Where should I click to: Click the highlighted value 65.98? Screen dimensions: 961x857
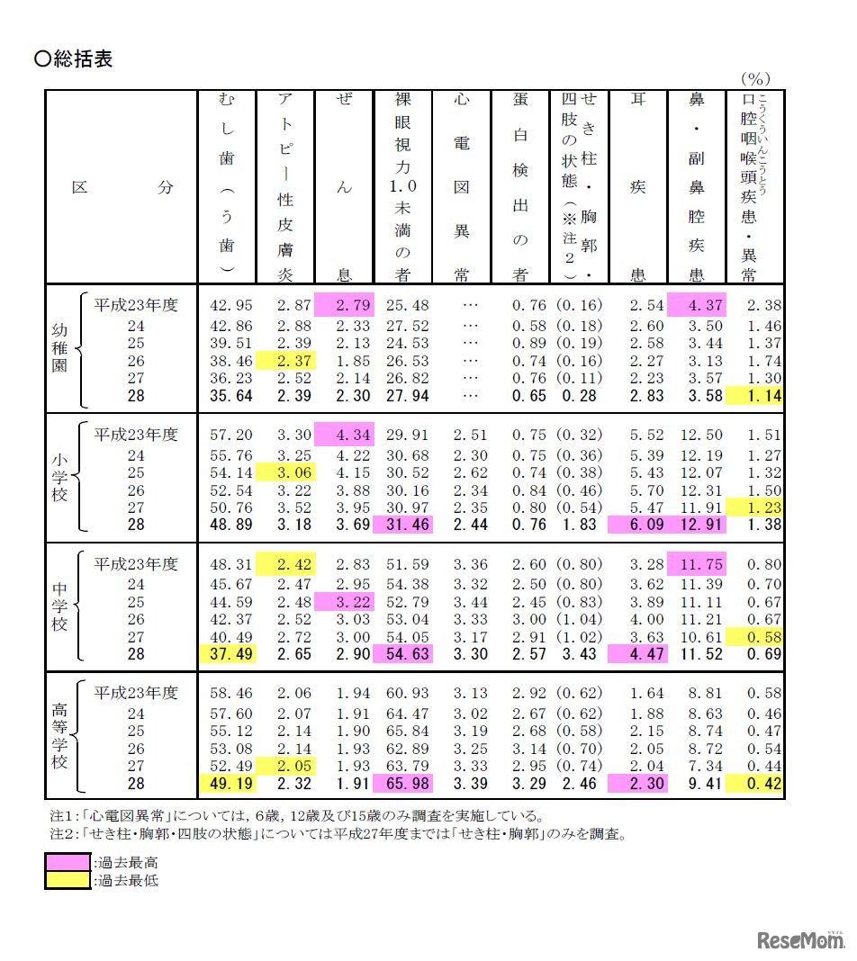403,784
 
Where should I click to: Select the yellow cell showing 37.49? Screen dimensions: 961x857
228,654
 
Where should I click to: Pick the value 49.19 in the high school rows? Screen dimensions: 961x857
228,784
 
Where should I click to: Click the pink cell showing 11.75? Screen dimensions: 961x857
696,564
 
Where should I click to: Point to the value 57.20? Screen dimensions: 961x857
228,435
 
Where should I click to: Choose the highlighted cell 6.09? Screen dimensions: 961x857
637,525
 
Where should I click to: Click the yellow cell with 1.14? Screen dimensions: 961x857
754,395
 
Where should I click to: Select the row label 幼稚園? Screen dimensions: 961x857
59,349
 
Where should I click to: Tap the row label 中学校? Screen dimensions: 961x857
59,609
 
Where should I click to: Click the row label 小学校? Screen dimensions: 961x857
59,480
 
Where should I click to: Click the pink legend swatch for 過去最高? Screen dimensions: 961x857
68,863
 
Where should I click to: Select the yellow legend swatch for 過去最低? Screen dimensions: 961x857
68,881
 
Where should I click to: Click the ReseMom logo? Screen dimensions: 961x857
796,940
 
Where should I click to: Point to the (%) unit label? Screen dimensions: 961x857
754,79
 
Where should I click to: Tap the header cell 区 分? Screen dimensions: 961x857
122,188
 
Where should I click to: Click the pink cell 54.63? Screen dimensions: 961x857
403,654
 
